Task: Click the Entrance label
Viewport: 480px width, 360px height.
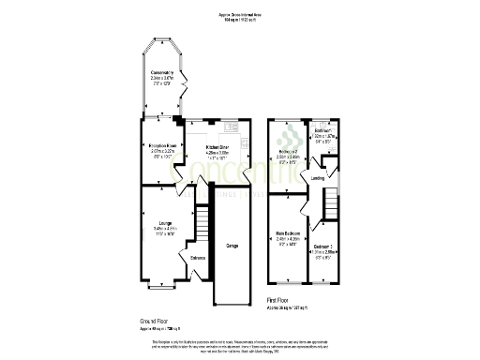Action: pos(198,258)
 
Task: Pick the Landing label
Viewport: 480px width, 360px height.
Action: pos(318,177)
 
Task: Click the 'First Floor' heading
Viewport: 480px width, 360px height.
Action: pos(279,301)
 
